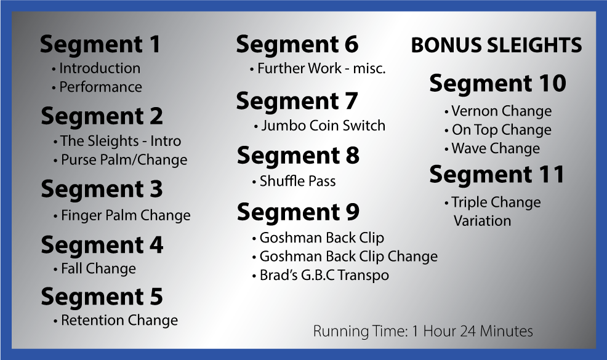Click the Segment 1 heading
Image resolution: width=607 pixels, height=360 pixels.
[x=100, y=44]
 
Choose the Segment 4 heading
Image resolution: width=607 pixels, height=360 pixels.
[x=102, y=245]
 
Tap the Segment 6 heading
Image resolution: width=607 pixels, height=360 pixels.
[x=297, y=44]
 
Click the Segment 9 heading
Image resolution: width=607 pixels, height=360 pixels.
[x=298, y=212]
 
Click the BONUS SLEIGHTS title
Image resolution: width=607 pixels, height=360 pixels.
[x=496, y=46]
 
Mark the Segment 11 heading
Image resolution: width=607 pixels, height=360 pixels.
[x=497, y=174]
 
